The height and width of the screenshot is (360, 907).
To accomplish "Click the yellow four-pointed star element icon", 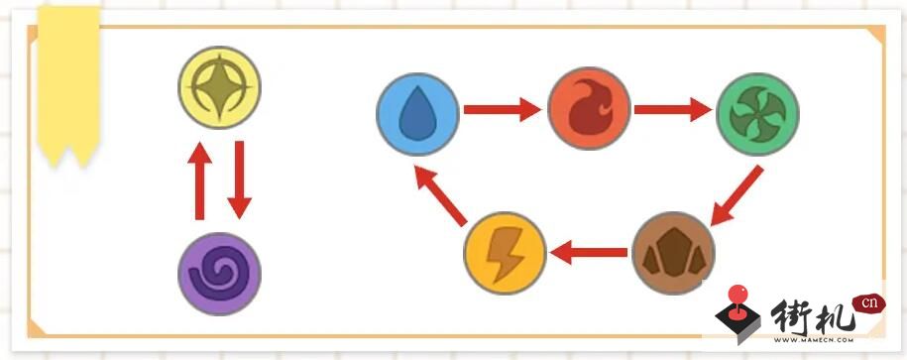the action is (x=219, y=87).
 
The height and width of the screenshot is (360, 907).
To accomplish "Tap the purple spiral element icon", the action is (x=219, y=274).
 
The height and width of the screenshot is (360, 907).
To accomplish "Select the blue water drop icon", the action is (x=417, y=114).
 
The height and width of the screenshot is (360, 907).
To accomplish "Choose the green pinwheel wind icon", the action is (x=757, y=114).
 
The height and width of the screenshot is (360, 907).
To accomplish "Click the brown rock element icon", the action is (x=673, y=253).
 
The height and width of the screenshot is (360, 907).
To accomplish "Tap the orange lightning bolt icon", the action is (x=505, y=253).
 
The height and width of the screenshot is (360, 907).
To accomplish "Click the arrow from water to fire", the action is (x=503, y=109).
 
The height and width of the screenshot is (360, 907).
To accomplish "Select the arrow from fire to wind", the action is (x=673, y=109).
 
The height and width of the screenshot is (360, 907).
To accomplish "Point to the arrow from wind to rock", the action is (x=737, y=195).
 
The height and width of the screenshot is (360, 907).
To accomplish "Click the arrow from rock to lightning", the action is (x=589, y=252).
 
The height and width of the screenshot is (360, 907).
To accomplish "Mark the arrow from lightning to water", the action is (x=441, y=195).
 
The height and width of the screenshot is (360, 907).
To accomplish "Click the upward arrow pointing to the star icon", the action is (x=199, y=180).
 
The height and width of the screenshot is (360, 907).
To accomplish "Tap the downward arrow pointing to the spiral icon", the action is (x=239, y=180).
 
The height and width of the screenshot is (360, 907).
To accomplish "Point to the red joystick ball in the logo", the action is (x=737, y=295).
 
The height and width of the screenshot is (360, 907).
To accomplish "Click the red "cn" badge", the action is (x=868, y=303).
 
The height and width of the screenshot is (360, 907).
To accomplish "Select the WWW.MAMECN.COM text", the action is (x=814, y=340).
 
